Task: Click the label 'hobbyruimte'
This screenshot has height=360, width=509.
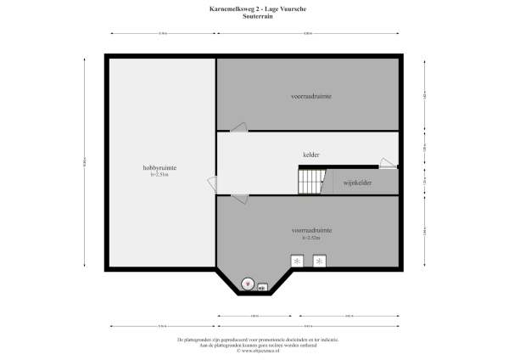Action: [x=159, y=168]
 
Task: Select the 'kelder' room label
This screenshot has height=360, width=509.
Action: [x=311, y=155]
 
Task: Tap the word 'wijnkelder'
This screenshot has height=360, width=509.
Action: [x=360, y=183]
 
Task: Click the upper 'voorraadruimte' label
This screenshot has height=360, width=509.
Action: [x=311, y=97]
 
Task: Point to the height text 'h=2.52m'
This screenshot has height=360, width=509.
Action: [x=311, y=237]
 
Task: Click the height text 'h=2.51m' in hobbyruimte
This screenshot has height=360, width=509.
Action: [x=159, y=175]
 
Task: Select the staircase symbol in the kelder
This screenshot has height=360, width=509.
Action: [x=310, y=180]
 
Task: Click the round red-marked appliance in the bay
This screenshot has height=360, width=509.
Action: [x=248, y=284]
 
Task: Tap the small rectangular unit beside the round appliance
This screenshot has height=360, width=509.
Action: [x=263, y=286]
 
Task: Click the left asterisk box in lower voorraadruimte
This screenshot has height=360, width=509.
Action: [x=298, y=262]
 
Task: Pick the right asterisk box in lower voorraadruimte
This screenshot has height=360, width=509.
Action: [x=320, y=262]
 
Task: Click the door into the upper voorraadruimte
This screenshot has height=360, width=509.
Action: [x=239, y=127]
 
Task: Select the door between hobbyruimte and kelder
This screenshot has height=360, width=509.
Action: [x=212, y=183]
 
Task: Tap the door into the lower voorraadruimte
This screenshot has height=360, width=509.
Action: [x=239, y=200]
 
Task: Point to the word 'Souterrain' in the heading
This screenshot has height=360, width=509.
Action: [x=254, y=15]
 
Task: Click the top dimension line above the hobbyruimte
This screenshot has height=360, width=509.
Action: [x=161, y=34]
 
